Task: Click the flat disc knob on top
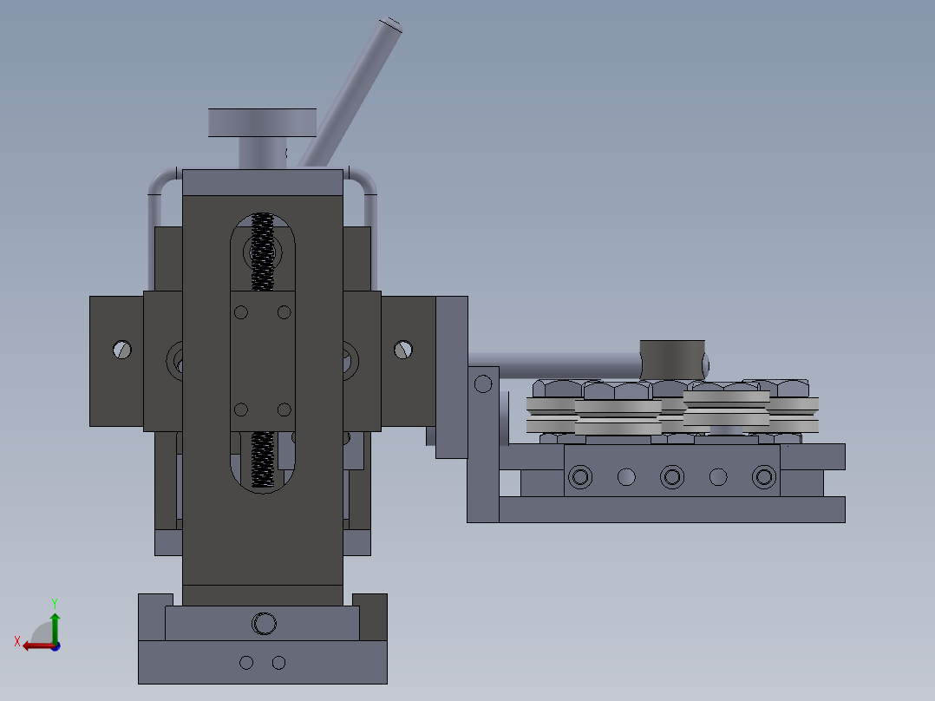coord(262,123)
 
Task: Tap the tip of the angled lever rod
coord(391,24)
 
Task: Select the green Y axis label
coord(55,603)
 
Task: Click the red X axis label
coord(17,641)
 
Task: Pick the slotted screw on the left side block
coord(122,350)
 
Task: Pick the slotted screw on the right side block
coord(403,350)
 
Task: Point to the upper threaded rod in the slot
coord(262,252)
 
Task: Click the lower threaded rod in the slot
coord(262,459)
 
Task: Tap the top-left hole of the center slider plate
coord(241,312)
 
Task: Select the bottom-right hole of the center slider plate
coord(284,409)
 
